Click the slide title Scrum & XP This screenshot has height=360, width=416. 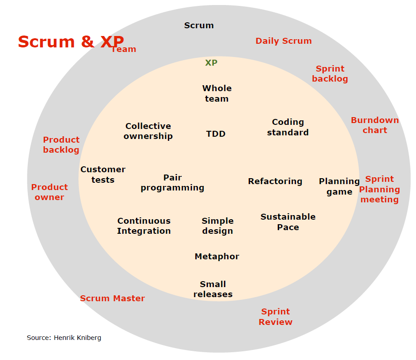click(x=71, y=41)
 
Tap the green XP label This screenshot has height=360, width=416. click(x=211, y=63)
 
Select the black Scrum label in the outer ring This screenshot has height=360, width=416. click(x=199, y=26)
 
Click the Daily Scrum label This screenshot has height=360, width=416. click(x=283, y=41)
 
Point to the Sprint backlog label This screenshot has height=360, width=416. click(x=330, y=74)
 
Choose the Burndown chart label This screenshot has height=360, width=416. click(x=374, y=125)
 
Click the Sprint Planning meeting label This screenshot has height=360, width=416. click(x=380, y=189)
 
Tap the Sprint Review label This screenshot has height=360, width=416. click(x=276, y=317)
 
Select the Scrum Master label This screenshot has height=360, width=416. click(x=112, y=298)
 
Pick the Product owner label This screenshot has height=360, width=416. click(x=49, y=192)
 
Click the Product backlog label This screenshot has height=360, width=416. click(x=61, y=145)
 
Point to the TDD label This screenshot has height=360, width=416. click(x=216, y=134)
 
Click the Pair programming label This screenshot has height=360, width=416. click(x=172, y=183)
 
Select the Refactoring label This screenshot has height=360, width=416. click(x=275, y=181)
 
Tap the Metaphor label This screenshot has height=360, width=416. click(x=217, y=257)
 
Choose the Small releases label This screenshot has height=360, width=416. click(x=213, y=289)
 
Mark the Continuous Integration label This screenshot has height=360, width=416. click(x=144, y=226)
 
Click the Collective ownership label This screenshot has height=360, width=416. click(x=148, y=131)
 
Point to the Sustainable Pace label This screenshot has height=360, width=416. click(x=288, y=222)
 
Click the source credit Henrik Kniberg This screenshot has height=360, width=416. click(x=64, y=338)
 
